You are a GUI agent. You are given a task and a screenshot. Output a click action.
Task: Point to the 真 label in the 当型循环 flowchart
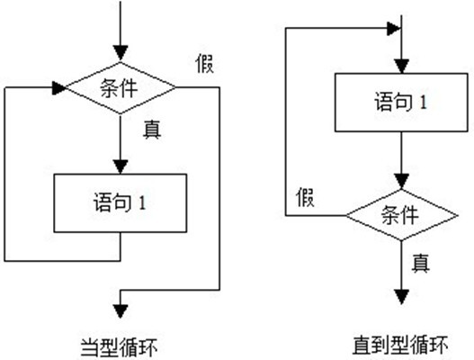[x=152, y=128]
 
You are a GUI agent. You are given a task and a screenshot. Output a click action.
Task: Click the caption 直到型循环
[x=398, y=343]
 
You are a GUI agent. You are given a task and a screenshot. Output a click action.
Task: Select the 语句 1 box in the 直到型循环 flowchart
[x=399, y=103]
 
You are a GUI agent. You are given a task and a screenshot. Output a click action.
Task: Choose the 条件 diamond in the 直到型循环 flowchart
[x=398, y=216]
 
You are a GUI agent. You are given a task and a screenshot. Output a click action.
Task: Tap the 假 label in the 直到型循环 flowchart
[x=307, y=198]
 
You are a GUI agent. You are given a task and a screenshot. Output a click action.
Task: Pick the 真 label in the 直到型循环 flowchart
[x=420, y=262]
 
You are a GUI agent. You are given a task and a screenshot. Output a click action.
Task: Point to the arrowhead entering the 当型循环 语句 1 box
[x=121, y=166]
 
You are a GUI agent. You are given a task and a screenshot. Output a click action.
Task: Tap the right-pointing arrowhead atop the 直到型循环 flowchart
[x=391, y=30]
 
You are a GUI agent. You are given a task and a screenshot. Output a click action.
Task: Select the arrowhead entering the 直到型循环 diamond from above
[x=398, y=183]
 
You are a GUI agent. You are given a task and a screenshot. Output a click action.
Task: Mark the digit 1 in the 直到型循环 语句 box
[x=422, y=103]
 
